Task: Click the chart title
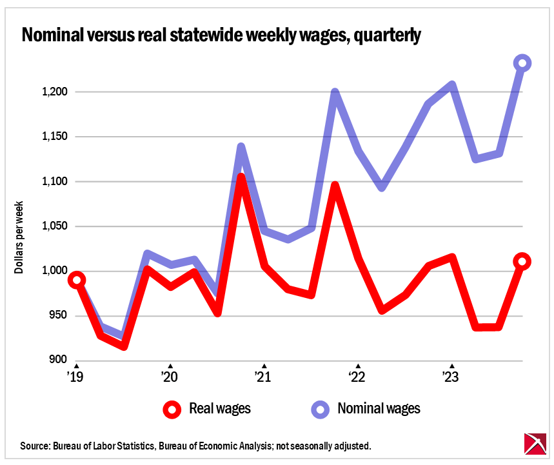[x=221, y=35]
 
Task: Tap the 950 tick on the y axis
[x=57, y=315]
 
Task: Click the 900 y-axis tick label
[x=57, y=360]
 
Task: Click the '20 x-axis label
[x=170, y=376]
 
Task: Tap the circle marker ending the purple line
[x=522, y=63]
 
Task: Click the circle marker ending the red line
[x=522, y=261]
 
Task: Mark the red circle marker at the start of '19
[x=77, y=280]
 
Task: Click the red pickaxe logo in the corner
[x=534, y=445]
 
